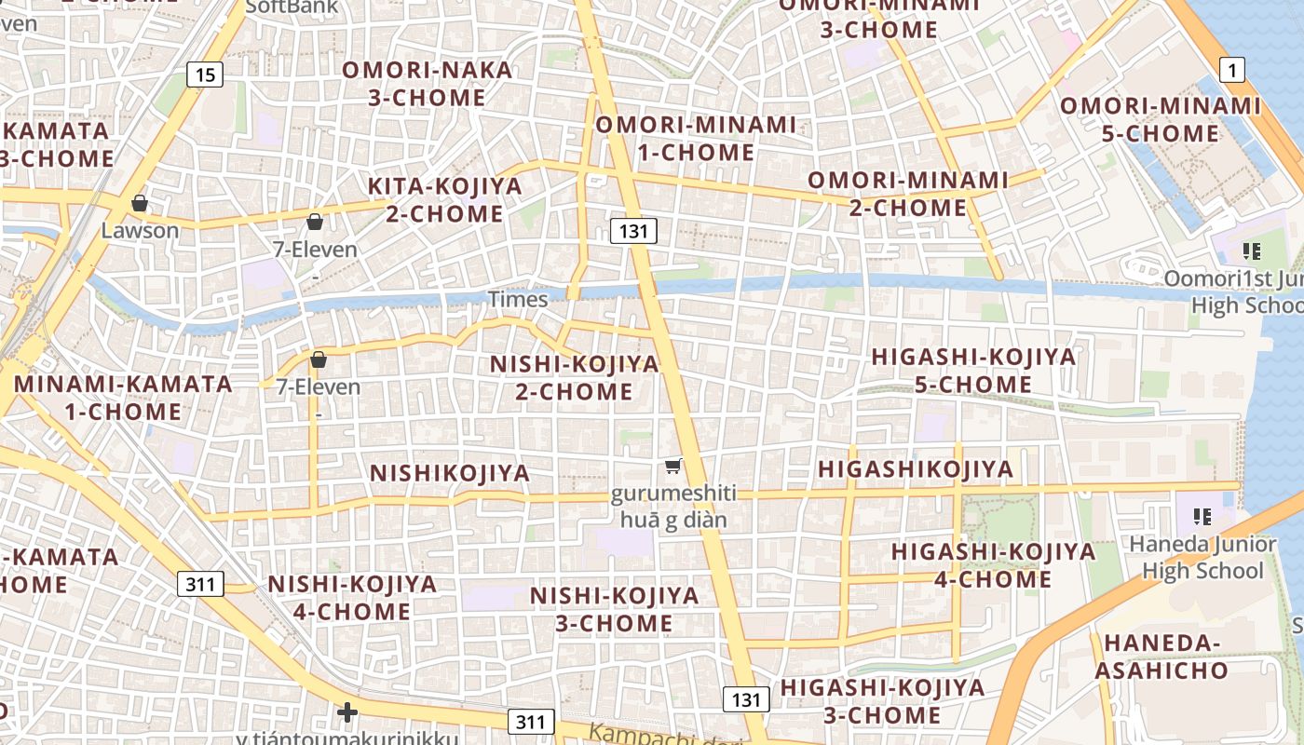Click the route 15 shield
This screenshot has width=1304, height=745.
[x=204, y=74]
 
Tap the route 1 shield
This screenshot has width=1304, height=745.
[x=1232, y=69]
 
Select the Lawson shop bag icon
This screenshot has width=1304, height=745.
[x=140, y=203]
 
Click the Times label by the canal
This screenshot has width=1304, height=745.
[x=518, y=299]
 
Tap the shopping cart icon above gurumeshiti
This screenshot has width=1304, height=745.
[x=672, y=466]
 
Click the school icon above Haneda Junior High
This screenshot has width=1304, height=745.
[x=1202, y=516]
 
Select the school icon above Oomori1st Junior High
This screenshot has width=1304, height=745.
[x=1251, y=251]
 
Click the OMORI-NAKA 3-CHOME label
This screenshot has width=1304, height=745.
[x=427, y=84]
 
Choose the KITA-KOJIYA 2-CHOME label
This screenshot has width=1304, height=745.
[x=444, y=200]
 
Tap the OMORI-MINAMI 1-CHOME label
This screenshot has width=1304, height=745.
[x=696, y=138]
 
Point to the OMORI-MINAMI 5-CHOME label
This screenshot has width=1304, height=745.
[x=1160, y=119]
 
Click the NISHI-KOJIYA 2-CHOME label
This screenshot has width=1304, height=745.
[x=574, y=377]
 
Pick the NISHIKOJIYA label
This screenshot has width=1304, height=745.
[x=450, y=473]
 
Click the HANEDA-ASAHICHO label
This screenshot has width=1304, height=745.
[x=1161, y=657]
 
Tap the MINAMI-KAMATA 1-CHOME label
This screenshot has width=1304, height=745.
[x=123, y=398]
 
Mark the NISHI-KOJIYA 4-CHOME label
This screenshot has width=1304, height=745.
[x=352, y=598]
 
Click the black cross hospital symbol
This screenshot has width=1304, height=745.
[x=347, y=713]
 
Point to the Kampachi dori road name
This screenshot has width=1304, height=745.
[x=665, y=735]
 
